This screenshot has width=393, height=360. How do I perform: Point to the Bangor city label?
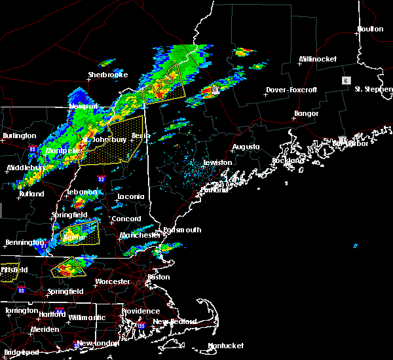[x=306, y=114]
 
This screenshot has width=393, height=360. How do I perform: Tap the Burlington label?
[x=20, y=136]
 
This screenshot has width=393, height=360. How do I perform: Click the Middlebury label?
[x=26, y=168]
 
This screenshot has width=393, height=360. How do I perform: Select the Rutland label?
[x=31, y=194]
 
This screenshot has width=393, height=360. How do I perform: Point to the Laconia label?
[x=130, y=196]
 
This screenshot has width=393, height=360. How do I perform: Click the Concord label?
[x=126, y=219]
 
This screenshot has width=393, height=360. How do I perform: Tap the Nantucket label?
[x=225, y=346]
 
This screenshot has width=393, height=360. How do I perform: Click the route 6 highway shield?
[x=345, y=80]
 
